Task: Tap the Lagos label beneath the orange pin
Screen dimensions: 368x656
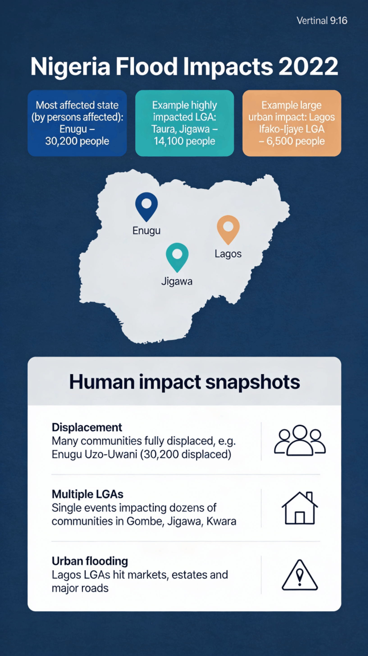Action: (228, 254)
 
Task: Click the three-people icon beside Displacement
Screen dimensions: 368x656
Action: (300, 440)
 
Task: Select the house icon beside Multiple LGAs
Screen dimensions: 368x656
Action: (300, 508)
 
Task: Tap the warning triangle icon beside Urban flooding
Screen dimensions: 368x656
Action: (300, 575)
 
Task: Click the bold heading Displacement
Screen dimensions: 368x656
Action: (87, 428)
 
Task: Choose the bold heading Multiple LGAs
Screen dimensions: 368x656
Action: (87, 494)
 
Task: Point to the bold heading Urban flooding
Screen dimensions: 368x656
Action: (90, 561)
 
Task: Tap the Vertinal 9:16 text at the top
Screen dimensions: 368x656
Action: (322, 21)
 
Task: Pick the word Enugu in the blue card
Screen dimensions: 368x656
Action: (73, 129)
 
